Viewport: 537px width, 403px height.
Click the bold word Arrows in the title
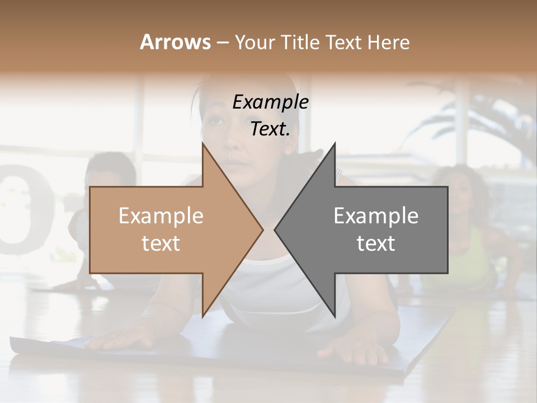pyautogui.click(x=175, y=42)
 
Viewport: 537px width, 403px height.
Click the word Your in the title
pyautogui.click(x=255, y=43)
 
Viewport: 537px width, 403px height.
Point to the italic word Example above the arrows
pyautogui.click(x=270, y=102)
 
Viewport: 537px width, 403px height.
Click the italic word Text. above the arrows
pyautogui.click(x=270, y=129)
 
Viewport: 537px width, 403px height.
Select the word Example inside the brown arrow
pyautogui.click(x=161, y=216)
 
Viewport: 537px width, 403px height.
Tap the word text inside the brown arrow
pyautogui.click(x=161, y=243)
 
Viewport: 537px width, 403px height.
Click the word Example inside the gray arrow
pyautogui.click(x=376, y=216)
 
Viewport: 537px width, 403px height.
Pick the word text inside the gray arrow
pyautogui.click(x=376, y=243)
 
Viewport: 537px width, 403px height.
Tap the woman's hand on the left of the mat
pyautogui.click(x=120, y=339)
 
